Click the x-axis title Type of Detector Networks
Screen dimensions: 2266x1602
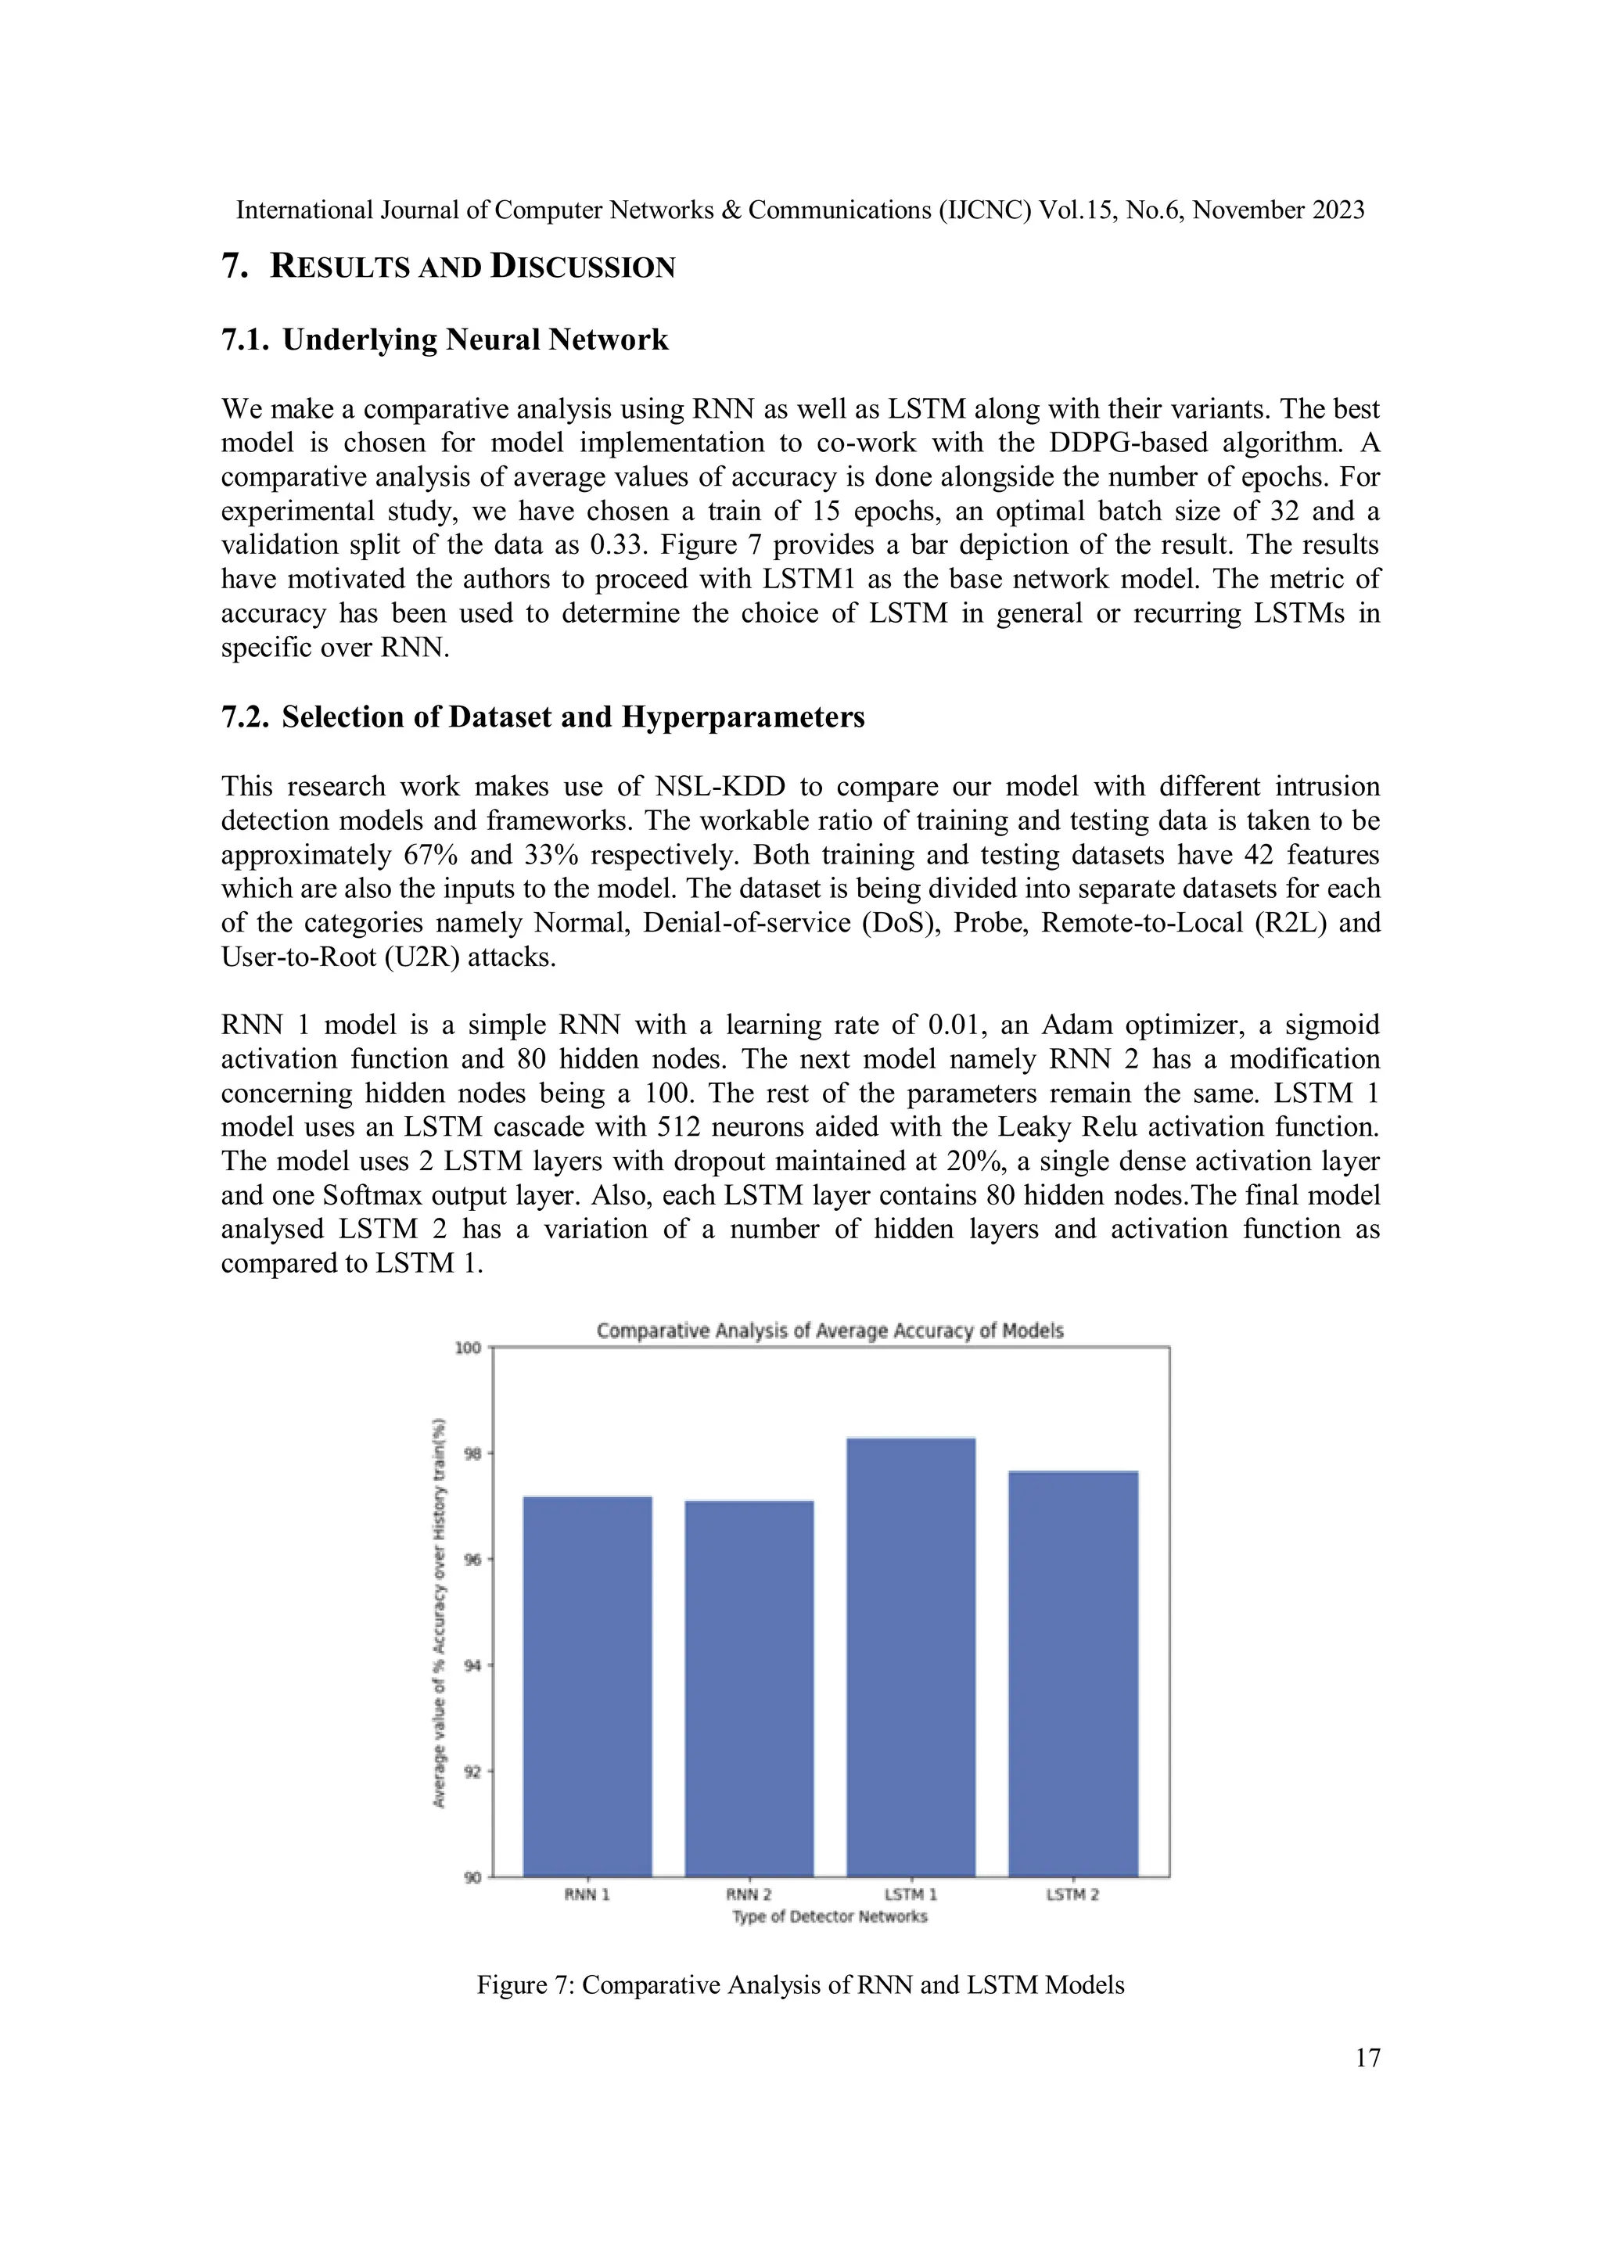(x=829, y=1916)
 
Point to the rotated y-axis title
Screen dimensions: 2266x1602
(x=440, y=1613)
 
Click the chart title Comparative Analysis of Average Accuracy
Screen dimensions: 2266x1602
(x=829, y=1331)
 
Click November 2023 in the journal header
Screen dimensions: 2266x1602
(x=1278, y=210)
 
